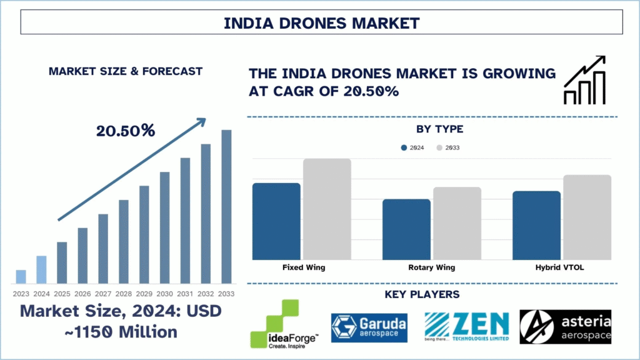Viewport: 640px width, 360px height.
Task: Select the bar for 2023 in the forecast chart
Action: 21,276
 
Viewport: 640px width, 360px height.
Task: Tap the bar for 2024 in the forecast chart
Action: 41,269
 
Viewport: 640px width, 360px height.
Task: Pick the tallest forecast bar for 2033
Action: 226,206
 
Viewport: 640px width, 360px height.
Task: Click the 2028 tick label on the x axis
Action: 123,293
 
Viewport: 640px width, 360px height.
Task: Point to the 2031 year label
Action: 185,293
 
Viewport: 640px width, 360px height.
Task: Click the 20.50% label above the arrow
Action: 125,131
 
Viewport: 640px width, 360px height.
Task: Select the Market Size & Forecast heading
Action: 125,71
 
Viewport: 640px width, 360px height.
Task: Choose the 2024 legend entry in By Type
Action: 413,147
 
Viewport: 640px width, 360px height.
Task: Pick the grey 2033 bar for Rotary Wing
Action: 457,223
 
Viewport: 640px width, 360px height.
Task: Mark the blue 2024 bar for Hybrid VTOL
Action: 536,225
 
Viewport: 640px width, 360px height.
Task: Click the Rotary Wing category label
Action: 431,267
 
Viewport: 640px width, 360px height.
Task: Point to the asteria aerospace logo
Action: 565,326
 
